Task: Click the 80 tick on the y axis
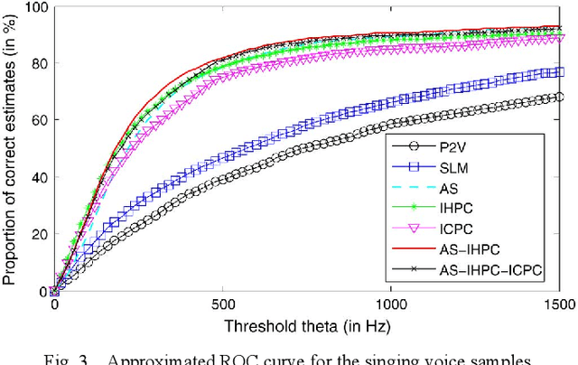tap(37, 63)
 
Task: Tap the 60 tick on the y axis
tap(37, 120)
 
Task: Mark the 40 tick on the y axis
tap(37, 177)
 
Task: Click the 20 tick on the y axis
tap(37, 234)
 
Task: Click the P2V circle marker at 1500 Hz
tap(560, 97)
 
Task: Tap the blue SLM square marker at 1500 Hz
tap(560, 71)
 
